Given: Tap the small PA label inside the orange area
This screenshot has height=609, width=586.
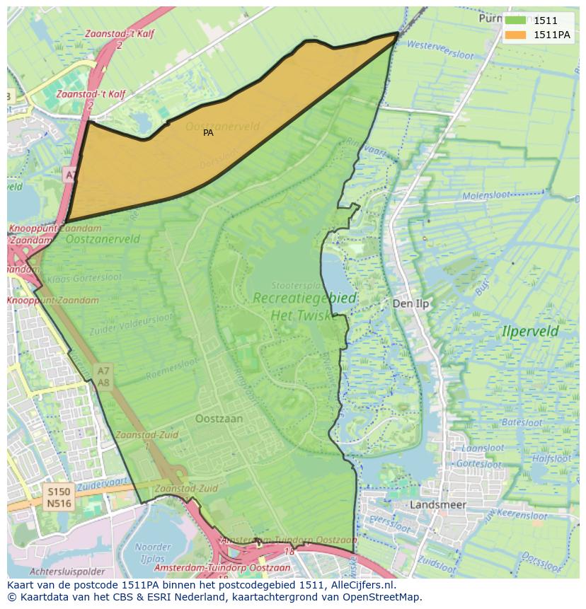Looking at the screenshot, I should (x=208, y=132).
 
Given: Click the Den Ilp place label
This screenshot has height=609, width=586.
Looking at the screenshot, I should (x=410, y=303).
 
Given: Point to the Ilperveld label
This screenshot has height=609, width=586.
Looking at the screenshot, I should (x=530, y=331).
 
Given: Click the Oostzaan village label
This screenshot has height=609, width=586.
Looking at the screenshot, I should (x=219, y=418).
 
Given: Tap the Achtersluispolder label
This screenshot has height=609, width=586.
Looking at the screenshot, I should (x=67, y=571).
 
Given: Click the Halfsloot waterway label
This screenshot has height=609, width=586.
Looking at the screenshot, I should (x=551, y=458).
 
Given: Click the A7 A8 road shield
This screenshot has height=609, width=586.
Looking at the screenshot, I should (x=103, y=376).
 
